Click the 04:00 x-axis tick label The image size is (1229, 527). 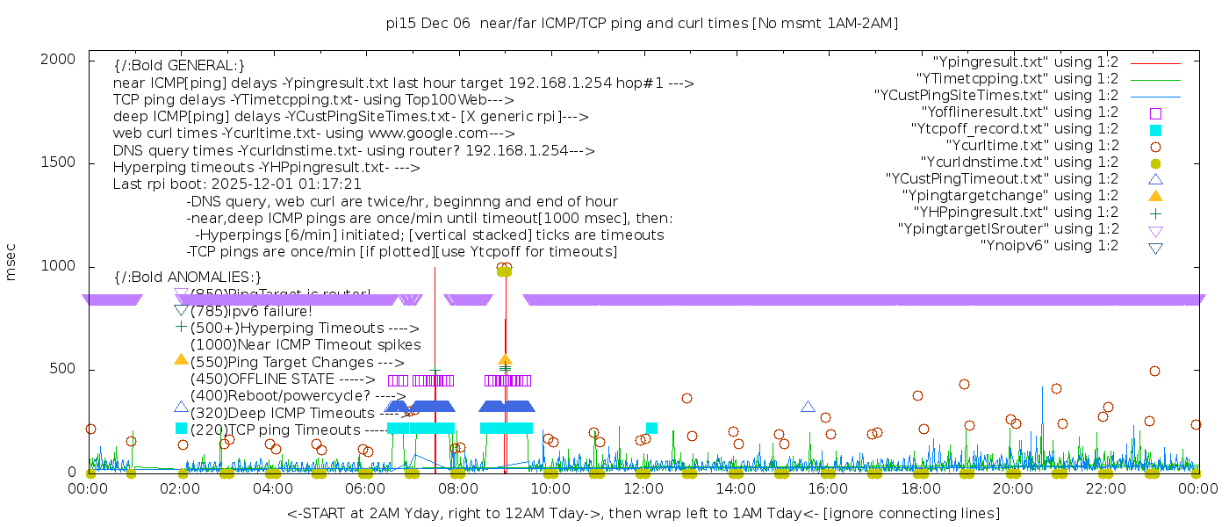273,489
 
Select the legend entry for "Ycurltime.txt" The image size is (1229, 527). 1031,146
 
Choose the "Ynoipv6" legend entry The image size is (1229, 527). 1049,246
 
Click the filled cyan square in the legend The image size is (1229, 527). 1155,130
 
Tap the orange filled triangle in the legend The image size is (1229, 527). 1155,196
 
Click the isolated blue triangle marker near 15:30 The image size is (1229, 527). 808,407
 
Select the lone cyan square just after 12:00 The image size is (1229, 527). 651,428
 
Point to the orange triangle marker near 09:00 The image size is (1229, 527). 505,360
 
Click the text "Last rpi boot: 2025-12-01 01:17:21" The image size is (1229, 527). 237,184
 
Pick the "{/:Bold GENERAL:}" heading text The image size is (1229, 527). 179,66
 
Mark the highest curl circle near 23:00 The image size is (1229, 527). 1154,372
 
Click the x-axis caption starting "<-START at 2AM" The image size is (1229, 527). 643,513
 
